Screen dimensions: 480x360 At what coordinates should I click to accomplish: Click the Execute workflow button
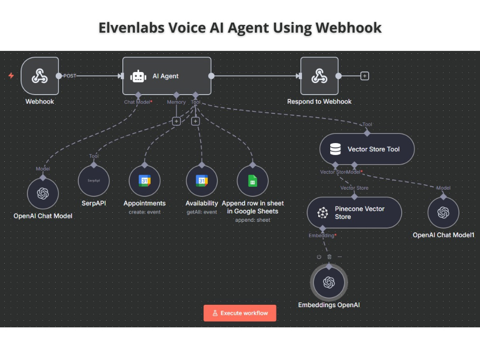(240, 313)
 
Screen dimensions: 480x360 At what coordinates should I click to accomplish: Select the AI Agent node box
(167, 76)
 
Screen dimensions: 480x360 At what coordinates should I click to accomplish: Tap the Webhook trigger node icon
(40, 76)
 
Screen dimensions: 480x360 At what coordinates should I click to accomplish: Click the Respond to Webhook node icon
(319, 76)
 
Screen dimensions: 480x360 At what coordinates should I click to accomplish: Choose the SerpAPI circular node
(94, 180)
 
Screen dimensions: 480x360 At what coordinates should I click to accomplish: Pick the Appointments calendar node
(144, 180)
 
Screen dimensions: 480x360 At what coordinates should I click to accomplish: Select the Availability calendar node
(202, 180)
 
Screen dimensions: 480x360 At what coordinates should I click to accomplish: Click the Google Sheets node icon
(252, 180)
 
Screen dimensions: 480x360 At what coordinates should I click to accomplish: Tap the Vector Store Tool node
(367, 149)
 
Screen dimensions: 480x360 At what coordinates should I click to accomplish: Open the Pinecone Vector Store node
(354, 213)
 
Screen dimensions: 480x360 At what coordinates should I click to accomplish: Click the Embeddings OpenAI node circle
(329, 282)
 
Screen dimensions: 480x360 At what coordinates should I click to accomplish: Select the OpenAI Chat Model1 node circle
(443, 213)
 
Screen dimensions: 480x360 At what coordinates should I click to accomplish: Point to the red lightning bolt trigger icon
(12, 76)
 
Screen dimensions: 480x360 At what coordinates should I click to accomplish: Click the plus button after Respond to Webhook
(365, 76)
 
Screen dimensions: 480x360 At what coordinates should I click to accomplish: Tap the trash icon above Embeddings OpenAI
(329, 257)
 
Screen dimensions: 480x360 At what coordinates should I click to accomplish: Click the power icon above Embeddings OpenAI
(319, 257)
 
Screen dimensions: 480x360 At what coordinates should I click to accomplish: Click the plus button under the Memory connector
(176, 121)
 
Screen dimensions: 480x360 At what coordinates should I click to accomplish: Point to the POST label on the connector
(70, 76)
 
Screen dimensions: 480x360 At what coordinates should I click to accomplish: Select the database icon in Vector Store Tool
(335, 149)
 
